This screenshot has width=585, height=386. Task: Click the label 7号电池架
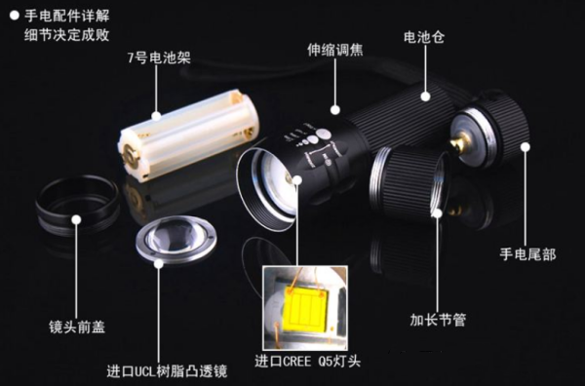point(159,58)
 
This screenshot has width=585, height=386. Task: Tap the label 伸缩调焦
point(335,50)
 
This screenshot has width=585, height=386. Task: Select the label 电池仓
point(424,37)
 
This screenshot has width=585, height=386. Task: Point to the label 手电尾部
point(527,254)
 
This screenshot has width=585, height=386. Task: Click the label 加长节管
point(438,320)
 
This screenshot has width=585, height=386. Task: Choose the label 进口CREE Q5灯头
point(307,361)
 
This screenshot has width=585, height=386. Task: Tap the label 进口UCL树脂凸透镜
point(167,371)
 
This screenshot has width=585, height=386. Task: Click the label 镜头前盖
point(77,327)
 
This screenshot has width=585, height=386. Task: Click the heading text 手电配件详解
point(66,16)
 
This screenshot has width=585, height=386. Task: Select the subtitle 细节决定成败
point(66,35)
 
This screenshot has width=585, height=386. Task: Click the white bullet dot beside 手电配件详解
point(15,16)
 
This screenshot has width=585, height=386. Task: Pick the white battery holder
point(188,135)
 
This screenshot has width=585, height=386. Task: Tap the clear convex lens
point(176,239)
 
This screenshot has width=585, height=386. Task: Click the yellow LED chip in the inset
point(306,310)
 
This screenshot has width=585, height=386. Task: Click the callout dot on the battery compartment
point(425,96)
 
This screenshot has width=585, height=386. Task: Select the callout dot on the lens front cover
point(76,219)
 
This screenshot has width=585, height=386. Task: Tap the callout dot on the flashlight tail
point(526,147)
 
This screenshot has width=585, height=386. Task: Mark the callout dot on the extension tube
point(438,212)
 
